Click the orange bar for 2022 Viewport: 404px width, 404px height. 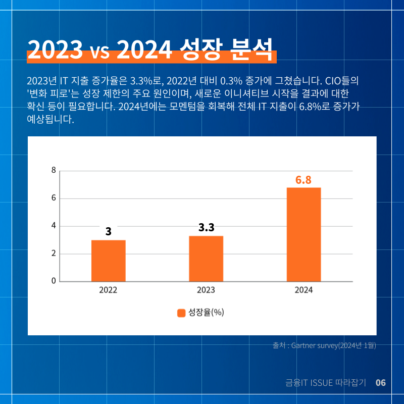pos(109,261)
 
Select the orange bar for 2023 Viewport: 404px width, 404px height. pos(206,259)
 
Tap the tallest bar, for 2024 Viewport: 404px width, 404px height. pos(304,234)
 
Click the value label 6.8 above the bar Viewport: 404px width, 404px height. pos(304,180)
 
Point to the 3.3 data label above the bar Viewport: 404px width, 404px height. pos(207,227)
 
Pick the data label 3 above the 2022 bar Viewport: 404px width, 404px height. pos(109,231)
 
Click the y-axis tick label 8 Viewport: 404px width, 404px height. pos(54,170)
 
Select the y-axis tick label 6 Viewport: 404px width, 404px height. pos(54,198)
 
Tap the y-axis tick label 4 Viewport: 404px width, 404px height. pos(54,226)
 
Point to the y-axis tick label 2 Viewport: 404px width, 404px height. pos(54,254)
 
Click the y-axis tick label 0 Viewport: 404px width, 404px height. pos(54,281)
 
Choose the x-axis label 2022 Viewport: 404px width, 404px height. pos(108,290)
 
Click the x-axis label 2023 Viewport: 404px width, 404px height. pos(206,290)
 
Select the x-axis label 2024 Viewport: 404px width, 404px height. pos(304,290)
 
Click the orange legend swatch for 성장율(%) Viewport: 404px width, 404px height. pos(181,313)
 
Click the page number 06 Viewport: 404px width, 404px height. pos(381,383)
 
